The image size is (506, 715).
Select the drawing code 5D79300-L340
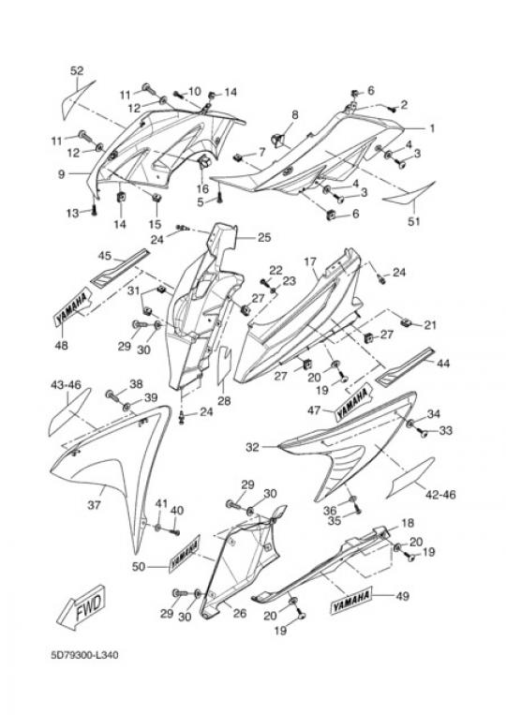(x=84, y=655)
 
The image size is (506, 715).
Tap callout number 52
(x=77, y=71)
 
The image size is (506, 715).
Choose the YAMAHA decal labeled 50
(x=185, y=554)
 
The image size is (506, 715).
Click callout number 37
(x=94, y=505)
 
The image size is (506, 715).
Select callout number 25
(x=264, y=238)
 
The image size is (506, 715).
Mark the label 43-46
(x=66, y=385)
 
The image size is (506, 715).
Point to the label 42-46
(x=440, y=494)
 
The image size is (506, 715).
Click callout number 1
(x=431, y=128)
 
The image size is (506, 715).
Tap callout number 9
(x=61, y=174)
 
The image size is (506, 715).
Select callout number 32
(x=252, y=447)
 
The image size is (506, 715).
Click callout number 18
(x=407, y=524)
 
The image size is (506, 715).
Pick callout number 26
(x=240, y=613)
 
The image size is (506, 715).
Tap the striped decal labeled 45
(x=120, y=273)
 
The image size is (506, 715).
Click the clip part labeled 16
(x=202, y=161)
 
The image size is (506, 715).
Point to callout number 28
(x=224, y=401)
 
